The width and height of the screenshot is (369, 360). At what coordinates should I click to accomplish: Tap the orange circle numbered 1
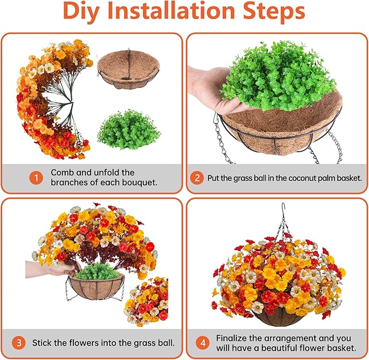click(x=36, y=178)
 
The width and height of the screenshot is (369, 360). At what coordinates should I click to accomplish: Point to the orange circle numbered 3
click(x=19, y=343)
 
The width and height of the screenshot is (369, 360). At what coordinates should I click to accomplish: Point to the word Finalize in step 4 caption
click(x=234, y=338)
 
